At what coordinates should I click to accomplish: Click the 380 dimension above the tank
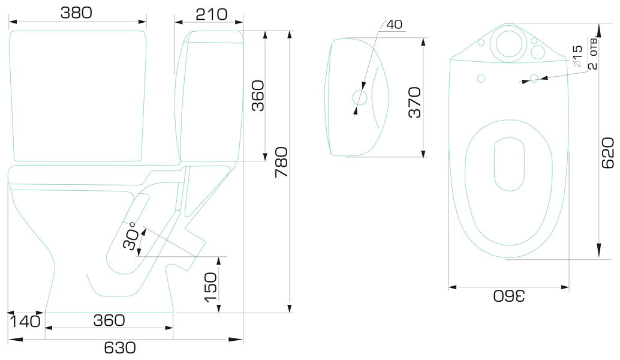click(x=76, y=13)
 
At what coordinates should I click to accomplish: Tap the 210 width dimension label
click(x=212, y=14)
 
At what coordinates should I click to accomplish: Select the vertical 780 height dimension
click(x=282, y=162)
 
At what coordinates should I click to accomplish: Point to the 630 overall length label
click(x=120, y=348)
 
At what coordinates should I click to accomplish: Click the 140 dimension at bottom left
click(x=25, y=321)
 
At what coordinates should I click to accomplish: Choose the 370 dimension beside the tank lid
click(x=415, y=103)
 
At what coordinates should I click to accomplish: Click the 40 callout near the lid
click(x=394, y=25)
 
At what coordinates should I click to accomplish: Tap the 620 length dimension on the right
click(x=608, y=153)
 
